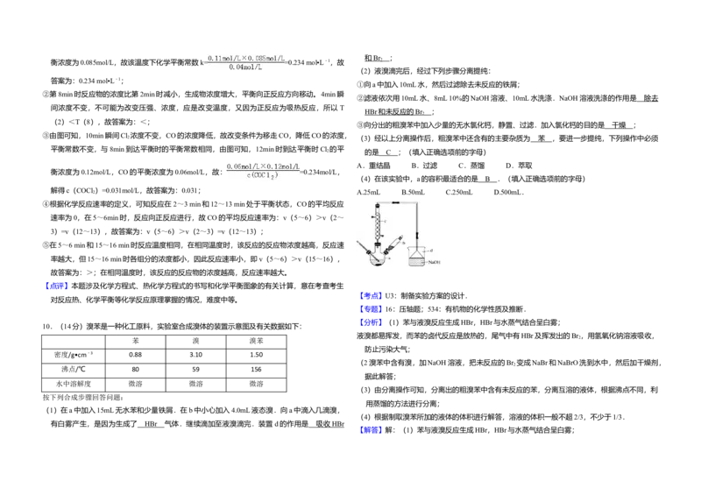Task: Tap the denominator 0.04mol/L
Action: pyautogui.click(x=245, y=67)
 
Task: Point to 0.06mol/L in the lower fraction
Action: pyautogui.click(x=243, y=166)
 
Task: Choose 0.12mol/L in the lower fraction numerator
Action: pyautogui.click(x=283, y=166)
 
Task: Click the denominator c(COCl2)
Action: pyautogui.click(x=262, y=176)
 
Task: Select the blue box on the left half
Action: pyautogui.click(x=56, y=286)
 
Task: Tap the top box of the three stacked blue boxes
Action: pyautogui.click(x=371, y=294)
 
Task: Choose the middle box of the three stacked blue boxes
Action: pyautogui.click(x=371, y=308)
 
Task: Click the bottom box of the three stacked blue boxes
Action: pyautogui.click(x=371, y=322)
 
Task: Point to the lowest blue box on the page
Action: pyautogui.click(x=371, y=428)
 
